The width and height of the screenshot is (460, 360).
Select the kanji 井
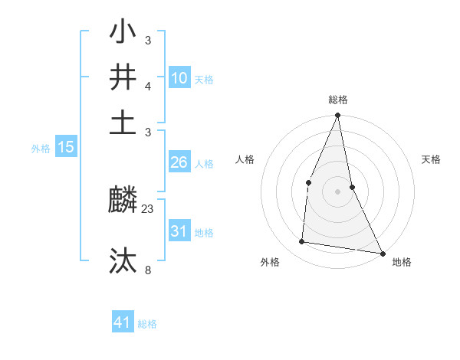(123, 78)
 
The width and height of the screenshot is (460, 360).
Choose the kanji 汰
(123, 260)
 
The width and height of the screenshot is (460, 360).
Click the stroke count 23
(148, 208)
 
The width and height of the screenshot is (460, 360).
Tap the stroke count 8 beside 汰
(148, 270)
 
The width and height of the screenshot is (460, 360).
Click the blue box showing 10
(179, 78)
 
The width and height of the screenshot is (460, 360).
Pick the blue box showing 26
(179, 162)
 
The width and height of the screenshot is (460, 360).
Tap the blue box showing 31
(179, 231)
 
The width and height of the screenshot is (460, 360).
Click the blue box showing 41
(123, 322)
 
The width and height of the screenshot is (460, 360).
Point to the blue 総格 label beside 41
(147, 324)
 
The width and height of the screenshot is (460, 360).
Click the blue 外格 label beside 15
(41, 149)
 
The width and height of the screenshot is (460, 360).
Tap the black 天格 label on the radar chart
(432, 159)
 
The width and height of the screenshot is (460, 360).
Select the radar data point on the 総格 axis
(337, 116)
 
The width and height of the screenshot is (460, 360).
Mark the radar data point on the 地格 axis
(382, 253)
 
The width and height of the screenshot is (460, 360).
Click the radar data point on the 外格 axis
(302, 242)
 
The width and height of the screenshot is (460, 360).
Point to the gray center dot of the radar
(337, 191)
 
